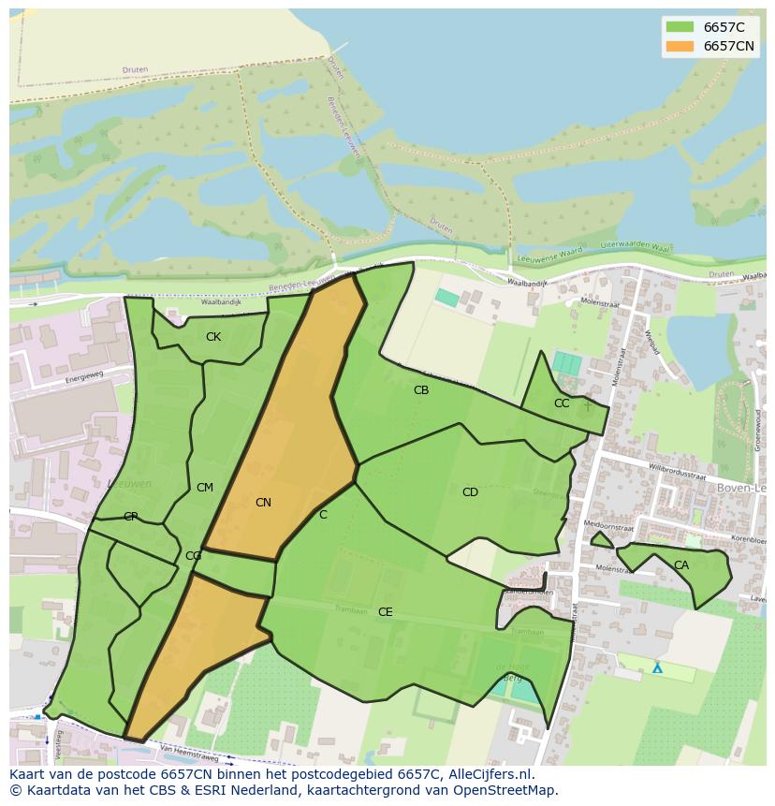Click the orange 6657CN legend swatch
coord(680,46)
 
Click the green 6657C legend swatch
coord(680,27)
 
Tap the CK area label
coord(213,337)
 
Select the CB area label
coord(421,390)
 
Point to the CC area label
coord(562,403)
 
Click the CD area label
coord(470,492)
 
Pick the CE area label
coord(385,612)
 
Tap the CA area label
coord(681,565)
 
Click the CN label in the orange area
coord(263,503)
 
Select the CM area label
coord(205,488)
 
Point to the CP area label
coord(131,517)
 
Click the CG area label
coord(193,556)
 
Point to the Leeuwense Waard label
coord(549,253)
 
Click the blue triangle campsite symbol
coord(657,668)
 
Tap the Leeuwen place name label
coord(130,484)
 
